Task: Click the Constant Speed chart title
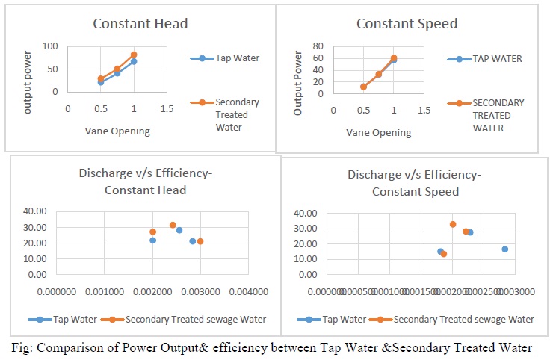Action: tap(407, 23)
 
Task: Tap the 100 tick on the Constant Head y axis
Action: tap(50, 46)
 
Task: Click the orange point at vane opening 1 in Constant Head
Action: tap(134, 55)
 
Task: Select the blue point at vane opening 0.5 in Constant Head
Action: tap(101, 82)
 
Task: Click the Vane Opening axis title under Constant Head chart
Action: tap(117, 131)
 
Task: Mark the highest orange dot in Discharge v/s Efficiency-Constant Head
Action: tap(173, 225)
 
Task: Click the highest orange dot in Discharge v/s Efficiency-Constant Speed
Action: tap(453, 224)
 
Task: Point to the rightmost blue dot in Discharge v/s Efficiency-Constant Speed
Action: tap(505, 249)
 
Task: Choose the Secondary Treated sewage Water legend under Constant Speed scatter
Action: tap(463, 319)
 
